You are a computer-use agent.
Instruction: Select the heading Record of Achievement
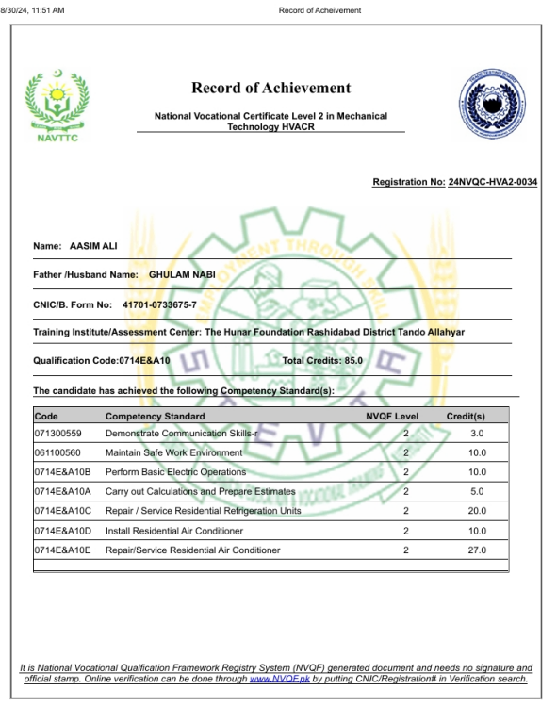pos(270,88)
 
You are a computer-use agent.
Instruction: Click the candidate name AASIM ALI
pos(94,247)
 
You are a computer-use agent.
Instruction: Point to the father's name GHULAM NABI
pos(182,274)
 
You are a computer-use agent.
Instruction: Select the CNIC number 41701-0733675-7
pos(159,304)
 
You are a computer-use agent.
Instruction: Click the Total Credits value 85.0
pos(351,360)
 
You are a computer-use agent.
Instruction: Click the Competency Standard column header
pos(155,416)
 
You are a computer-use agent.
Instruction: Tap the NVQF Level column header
pos(392,416)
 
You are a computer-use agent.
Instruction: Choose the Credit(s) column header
pos(466,416)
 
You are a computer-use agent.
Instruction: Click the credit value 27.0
pos(477,550)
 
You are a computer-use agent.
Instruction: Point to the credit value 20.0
pos(477,511)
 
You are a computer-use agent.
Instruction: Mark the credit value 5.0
pos(477,491)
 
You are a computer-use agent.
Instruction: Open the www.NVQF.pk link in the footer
pos(280,679)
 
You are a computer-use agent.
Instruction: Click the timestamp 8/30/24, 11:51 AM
pos(33,10)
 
